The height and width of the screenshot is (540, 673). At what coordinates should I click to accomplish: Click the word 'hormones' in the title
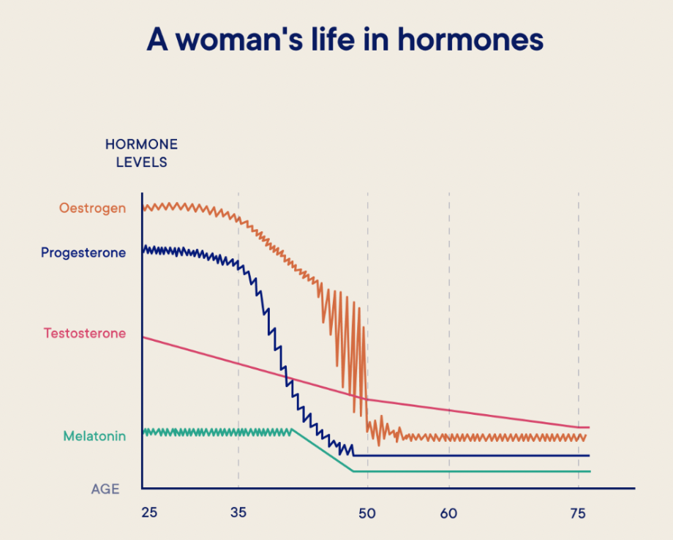click(470, 40)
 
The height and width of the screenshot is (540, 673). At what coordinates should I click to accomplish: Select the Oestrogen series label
click(92, 208)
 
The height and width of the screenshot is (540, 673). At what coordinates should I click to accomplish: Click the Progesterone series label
click(83, 253)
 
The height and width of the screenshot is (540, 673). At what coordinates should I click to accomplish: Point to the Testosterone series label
click(84, 334)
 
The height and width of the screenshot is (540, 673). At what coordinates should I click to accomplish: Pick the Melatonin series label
click(94, 437)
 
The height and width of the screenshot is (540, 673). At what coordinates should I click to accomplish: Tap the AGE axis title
click(105, 489)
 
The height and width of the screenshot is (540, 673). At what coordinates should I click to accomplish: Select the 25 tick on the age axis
click(149, 513)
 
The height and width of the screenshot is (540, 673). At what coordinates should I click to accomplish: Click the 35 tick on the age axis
click(238, 513)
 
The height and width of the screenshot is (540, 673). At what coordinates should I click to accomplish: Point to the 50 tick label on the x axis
click(367, 513)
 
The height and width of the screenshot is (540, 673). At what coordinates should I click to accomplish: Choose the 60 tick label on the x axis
click(448, 513)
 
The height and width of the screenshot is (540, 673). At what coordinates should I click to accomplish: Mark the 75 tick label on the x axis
click(578, 513)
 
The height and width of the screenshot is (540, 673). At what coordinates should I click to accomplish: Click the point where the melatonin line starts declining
click(293, 430)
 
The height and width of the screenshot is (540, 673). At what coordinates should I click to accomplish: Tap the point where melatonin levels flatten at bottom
click(353, 471)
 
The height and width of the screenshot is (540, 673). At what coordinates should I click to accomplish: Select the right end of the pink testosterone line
click(588, 427)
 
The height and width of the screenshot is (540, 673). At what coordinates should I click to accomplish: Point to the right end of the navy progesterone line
click(588, 456)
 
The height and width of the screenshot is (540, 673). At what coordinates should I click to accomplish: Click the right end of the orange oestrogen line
click(586, 437)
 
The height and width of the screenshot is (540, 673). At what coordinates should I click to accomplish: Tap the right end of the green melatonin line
click(588, 471)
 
